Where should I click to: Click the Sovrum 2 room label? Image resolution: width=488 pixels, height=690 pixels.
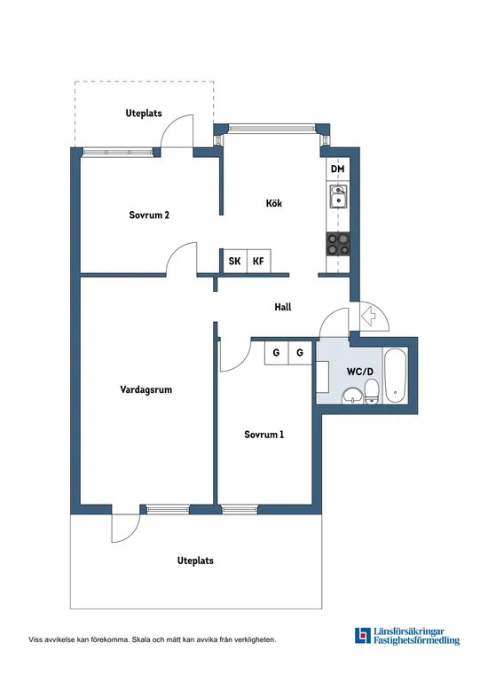tap(149, 215)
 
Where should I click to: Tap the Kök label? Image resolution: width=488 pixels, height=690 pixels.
tap(274, 203)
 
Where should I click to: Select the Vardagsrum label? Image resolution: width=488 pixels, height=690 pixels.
tap(146, 389)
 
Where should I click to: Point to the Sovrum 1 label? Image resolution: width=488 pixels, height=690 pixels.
tap(264, 435)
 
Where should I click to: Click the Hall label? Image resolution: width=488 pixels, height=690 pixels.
tap(283, 307)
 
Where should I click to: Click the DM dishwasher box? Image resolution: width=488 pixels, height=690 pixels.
tap(337, 169)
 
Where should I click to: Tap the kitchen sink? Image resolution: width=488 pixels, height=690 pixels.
tap(338, 198)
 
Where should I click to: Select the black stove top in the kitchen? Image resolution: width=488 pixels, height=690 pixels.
tap(338, 243)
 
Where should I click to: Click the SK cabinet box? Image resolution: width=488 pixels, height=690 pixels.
tap(234, 261)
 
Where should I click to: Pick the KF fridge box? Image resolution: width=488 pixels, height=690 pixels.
tap(258, 261)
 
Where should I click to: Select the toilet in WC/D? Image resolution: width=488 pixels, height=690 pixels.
tap(373, 390)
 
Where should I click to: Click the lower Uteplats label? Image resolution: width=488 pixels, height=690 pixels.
tap(195, 561)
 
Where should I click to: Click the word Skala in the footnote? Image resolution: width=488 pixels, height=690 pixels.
tap(146, 639)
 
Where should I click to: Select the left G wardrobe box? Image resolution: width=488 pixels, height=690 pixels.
tap(277, 352)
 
